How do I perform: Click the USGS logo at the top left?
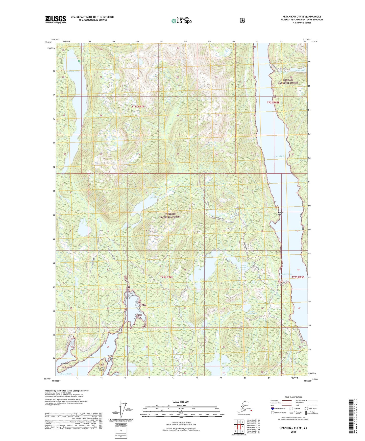pyautogui.click(x=56, y=19)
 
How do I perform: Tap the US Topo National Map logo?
pyautogui.click(x=181, y=20)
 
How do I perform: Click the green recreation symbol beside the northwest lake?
pyautogui.click(x=79, y=61)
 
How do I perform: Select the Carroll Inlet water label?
pyautogui.click(x=280, y=156)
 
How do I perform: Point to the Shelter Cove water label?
pyautogui.click(x=286, y=274)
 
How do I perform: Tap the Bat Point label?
pyautogui.click(x=65, y=363)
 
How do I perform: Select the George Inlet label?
pyautogui.click(x=66, y=374)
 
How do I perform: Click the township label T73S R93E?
pyautogui.click(x=298, y=277)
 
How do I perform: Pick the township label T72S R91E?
pyautogui.click(x=138, y=107)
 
